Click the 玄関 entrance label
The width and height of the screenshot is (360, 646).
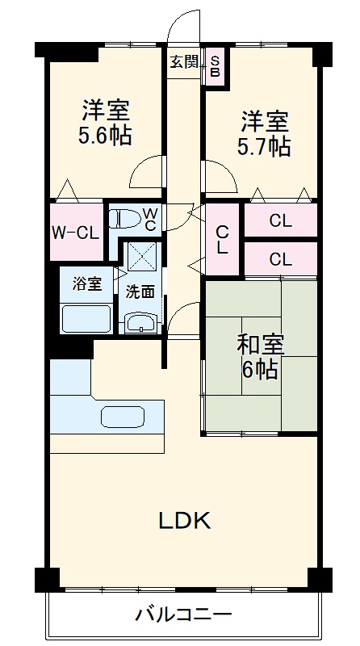tap(184, 61)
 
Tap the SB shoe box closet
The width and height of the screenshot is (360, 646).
tap(215, 64)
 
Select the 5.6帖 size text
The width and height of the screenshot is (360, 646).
tap(105, 136)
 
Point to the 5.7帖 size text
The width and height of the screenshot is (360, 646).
tap(264, 147)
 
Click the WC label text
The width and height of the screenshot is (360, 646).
tap(150, 219)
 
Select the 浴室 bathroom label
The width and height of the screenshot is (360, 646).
tap(87, 284)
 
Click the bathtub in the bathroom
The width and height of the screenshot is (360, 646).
tap(86, 318)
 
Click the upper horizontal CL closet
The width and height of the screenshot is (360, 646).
tap(280, 220)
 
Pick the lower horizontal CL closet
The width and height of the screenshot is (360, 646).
tap(280, 259)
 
